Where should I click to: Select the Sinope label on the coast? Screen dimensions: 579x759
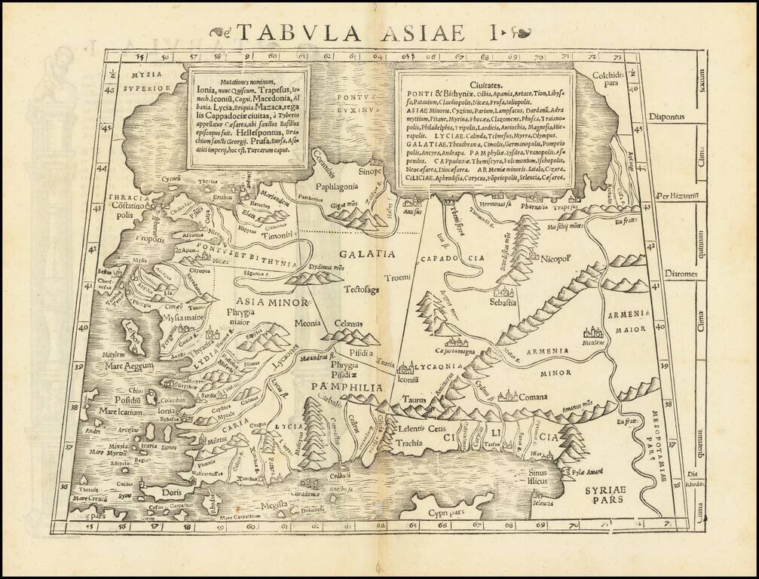point(371,171)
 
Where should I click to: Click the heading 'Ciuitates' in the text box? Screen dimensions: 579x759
point(485,85)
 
